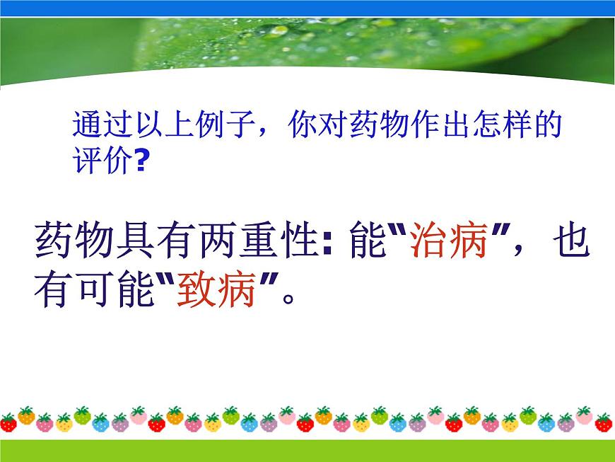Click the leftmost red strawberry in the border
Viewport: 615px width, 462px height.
click(8, 422)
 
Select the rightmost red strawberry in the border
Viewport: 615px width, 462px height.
click(604, 422)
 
